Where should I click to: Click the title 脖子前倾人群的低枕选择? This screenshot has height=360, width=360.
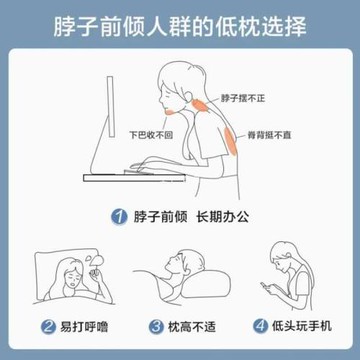[x=180, y=22]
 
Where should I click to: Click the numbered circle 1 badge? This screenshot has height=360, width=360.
[x=117, y=215]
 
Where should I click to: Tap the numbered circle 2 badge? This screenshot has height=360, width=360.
[x=48, y=326]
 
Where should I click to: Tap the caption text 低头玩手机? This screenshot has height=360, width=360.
[x=296, y=326]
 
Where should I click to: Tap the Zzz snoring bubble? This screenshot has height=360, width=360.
[x=90, y=263]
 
